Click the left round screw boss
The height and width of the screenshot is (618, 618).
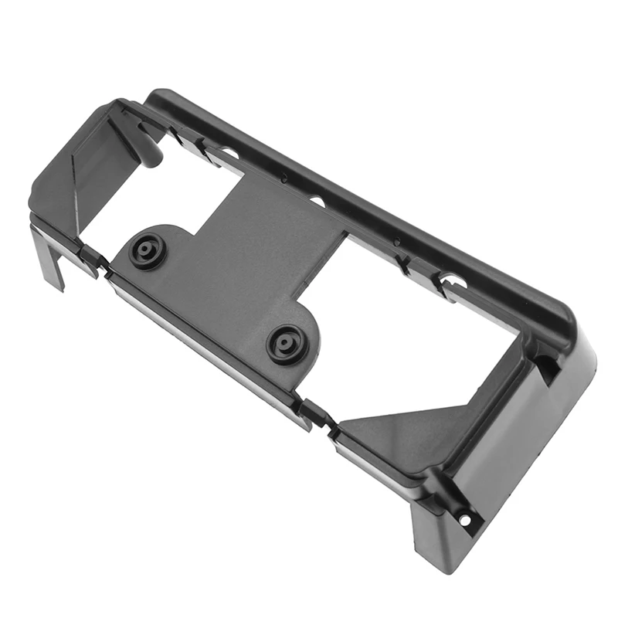(148, 252)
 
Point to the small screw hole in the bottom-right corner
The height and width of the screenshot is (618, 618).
(464, 519)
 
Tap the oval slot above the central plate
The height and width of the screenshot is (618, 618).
(317, 202)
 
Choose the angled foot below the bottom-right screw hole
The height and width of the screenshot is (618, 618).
(440, 541)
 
